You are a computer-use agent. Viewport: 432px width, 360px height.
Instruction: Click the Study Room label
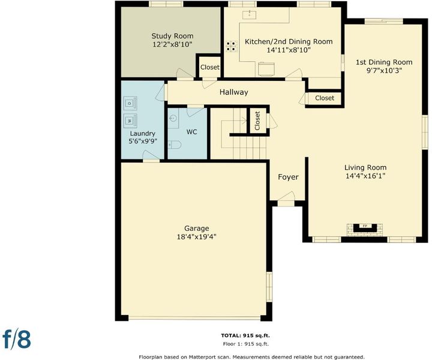tap(172, 36)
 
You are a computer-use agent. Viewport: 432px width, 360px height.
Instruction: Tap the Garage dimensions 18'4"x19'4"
tap(196, 236)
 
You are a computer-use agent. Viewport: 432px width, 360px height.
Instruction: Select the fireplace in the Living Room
tap(365, 229)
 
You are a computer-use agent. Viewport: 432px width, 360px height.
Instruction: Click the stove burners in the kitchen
tap(232, 46)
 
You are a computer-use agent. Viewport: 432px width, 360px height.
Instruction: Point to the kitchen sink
tap(250, 14)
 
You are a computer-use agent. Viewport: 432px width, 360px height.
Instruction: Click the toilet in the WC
tap(174, 145)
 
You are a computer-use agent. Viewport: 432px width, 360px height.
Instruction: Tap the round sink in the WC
tap(172, 118)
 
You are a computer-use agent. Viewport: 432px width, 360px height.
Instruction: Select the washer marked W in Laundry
tap(130, 121)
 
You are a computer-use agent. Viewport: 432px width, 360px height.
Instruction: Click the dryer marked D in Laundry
tap(130, 103)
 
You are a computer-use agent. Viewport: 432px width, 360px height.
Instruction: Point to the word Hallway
tap(233, 92)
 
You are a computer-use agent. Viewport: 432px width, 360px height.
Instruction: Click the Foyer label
tap(288, 177)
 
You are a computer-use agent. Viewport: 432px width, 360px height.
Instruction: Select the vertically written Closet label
tap(257, 121)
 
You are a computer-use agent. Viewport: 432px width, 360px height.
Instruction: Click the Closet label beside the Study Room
tap(210, 67)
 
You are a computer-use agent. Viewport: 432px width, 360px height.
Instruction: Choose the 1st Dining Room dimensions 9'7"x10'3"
tap(384, 71)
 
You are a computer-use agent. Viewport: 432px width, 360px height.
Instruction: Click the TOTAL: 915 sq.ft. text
tap(245, 335)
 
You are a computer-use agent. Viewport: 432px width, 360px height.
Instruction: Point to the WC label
tap(192, 132)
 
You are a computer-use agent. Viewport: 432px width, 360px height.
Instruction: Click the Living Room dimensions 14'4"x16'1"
tap(365, 176)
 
